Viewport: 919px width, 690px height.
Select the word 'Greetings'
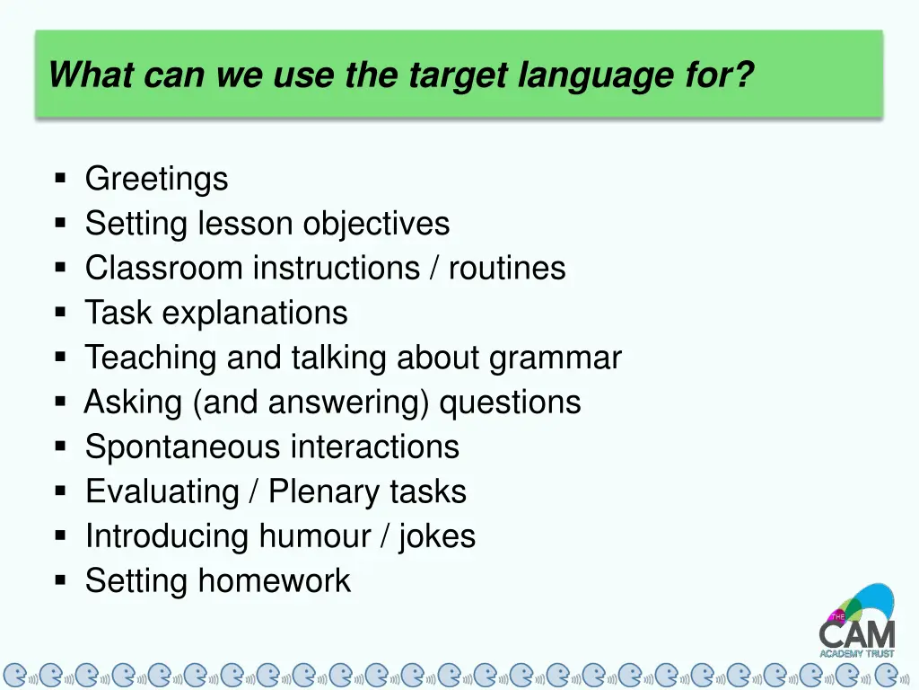tap(156, 180)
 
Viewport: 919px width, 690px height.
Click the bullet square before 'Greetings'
tap(61, 178)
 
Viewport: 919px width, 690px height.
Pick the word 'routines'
tap(507, 269)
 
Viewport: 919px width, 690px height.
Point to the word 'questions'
tap(510, 402)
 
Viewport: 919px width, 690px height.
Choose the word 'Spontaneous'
tap(183, 447)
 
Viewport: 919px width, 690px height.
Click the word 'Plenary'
tap(324, 492)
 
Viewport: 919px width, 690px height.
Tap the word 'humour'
tap(315, 536)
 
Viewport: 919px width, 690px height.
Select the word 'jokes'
tap(437, 537)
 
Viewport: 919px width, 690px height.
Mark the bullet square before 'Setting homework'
tap(61, 580)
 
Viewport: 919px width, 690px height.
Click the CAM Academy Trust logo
tap(857, 621)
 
